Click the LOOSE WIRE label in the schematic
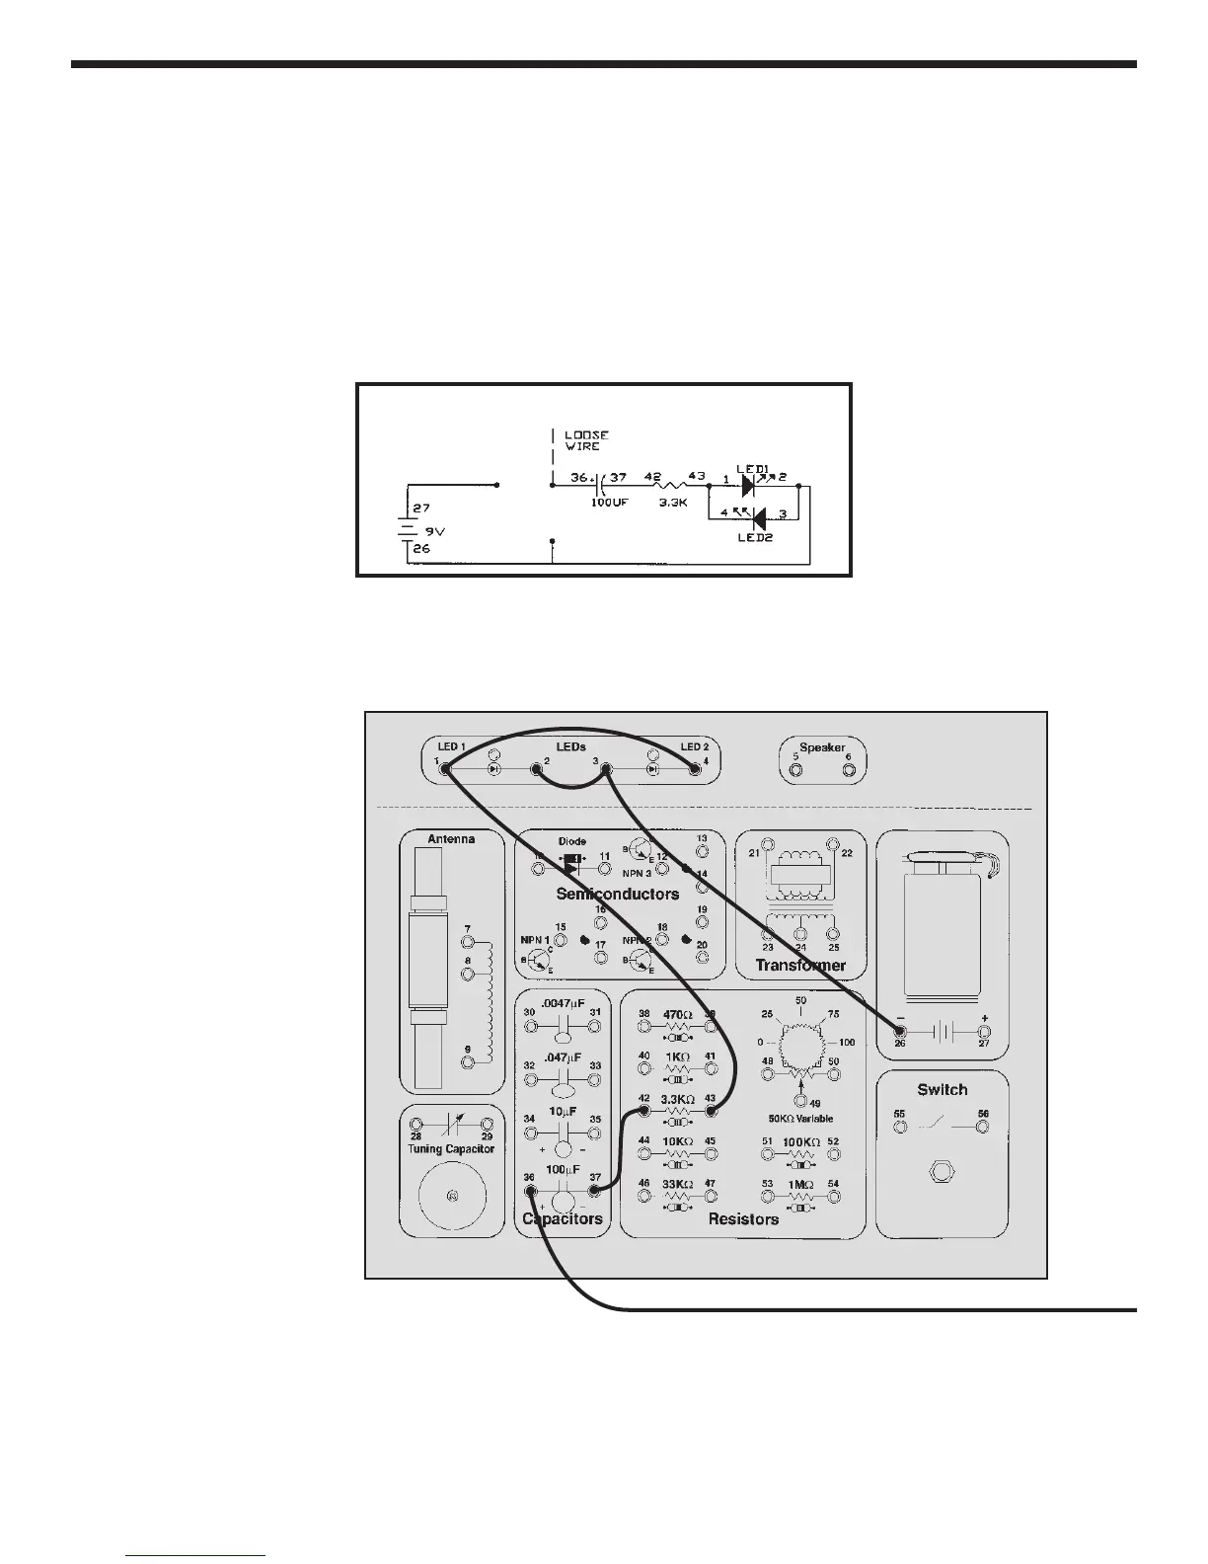pos(586,440)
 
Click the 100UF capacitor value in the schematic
pos(608,503)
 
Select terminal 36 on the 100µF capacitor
pos(531,1190)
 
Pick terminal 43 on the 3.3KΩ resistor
pos(711,1112)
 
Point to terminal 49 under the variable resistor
pos(801,1101)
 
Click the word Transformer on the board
pos(800,965)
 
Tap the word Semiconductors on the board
pos(618,894)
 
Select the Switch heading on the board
pos(942,1089)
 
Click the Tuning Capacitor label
pos(451,1148)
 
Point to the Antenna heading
pos(451,838)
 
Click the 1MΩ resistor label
pos(800,1184)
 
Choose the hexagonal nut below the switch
pos(943,1173)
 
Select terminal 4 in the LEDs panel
pos(695,769)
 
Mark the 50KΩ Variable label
pos(800,1118)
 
